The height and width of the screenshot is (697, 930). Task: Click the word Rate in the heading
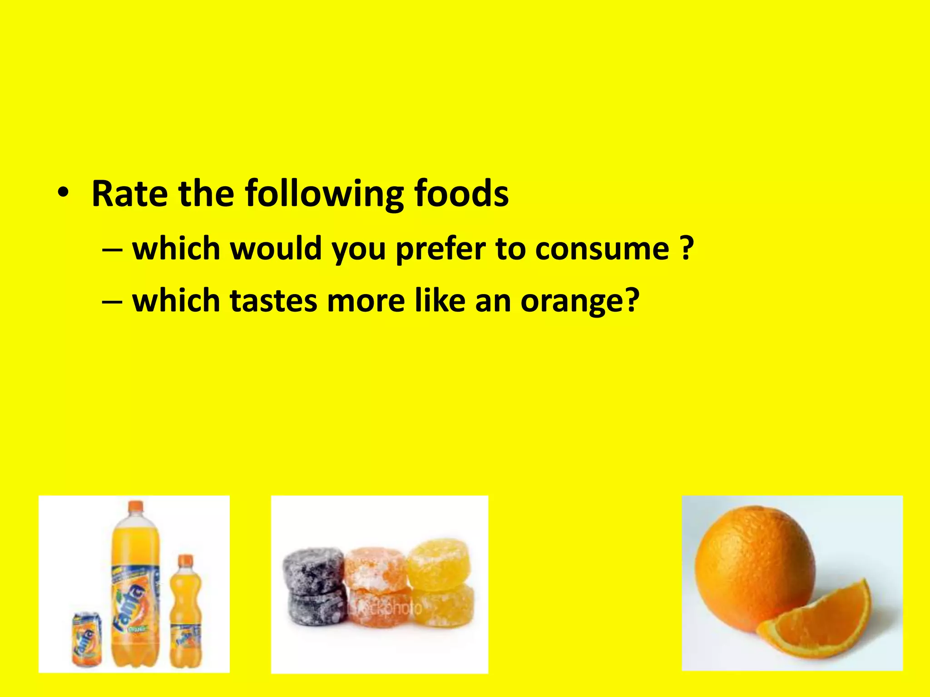pos(129,194)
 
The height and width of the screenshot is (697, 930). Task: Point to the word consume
pos(602,250)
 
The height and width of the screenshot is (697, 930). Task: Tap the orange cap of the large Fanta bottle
pos(135,507)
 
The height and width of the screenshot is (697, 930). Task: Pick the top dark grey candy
pos(312,567)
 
